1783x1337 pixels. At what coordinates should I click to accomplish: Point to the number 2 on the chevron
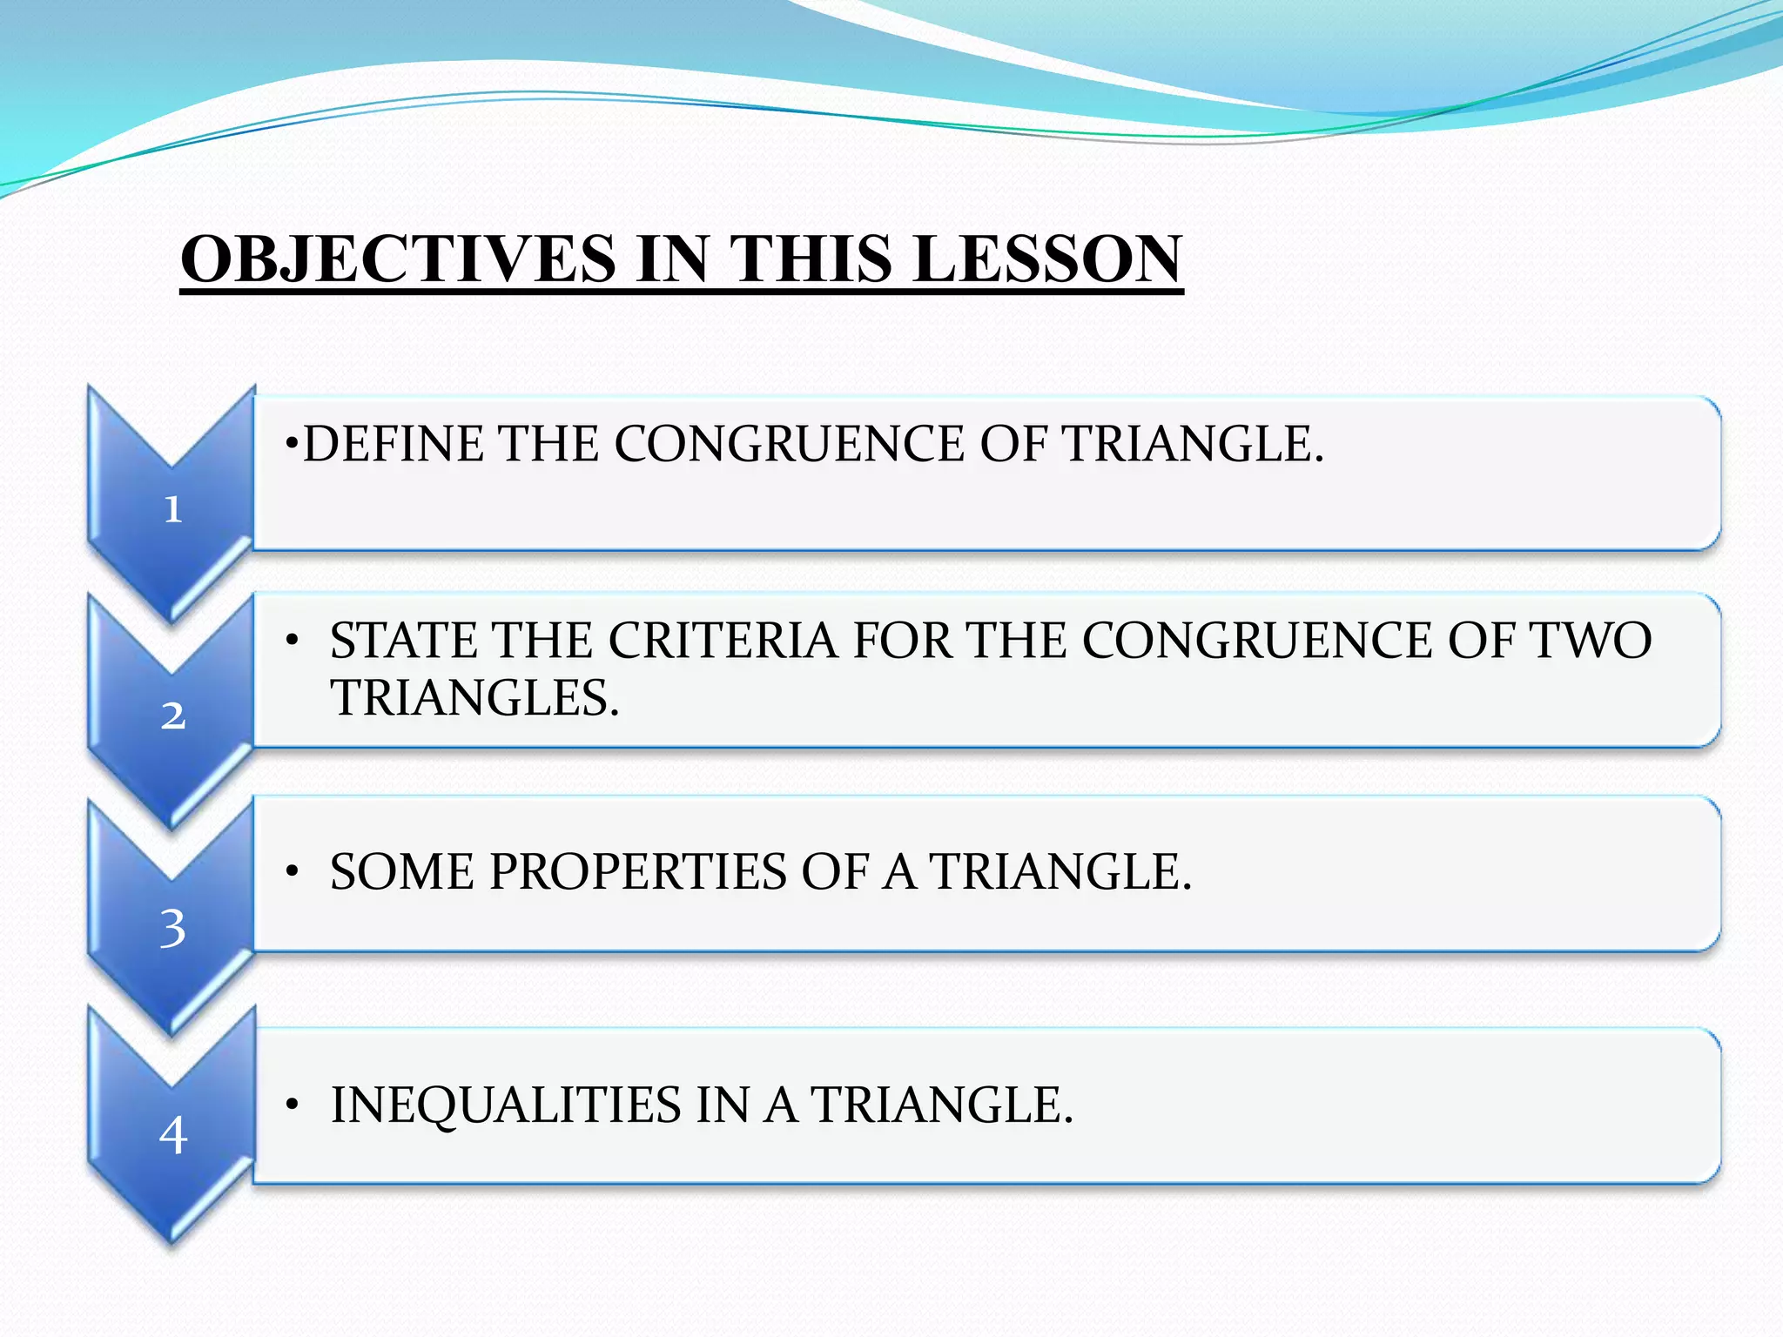pos(172,716)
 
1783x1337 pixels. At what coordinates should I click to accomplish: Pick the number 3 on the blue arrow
pos(172,928)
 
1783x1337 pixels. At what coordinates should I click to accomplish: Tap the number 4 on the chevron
pos(172,1135)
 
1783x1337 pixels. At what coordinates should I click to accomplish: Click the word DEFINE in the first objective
pos(393,444)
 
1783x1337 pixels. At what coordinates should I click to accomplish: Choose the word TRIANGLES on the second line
pos(474,698)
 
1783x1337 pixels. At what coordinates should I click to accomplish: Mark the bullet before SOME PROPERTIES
pos(293,871)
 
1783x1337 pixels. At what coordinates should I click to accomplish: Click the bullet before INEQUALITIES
pos(293,1105)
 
